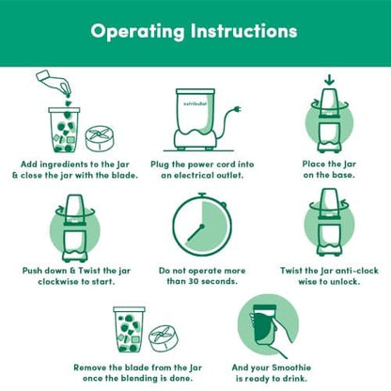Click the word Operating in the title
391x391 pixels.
(137, 32)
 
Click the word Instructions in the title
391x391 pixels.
(244, 31)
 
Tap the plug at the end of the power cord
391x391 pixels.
(237, 110)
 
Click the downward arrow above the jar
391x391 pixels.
(329, 81)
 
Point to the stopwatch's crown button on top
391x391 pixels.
(202, 195)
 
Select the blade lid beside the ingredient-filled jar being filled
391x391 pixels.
(100, 138)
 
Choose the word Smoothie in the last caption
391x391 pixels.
(291, 368)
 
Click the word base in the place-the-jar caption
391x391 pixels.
(345, 175)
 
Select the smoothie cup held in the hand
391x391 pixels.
(265, 325)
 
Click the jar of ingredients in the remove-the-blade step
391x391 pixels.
(129, 329)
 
